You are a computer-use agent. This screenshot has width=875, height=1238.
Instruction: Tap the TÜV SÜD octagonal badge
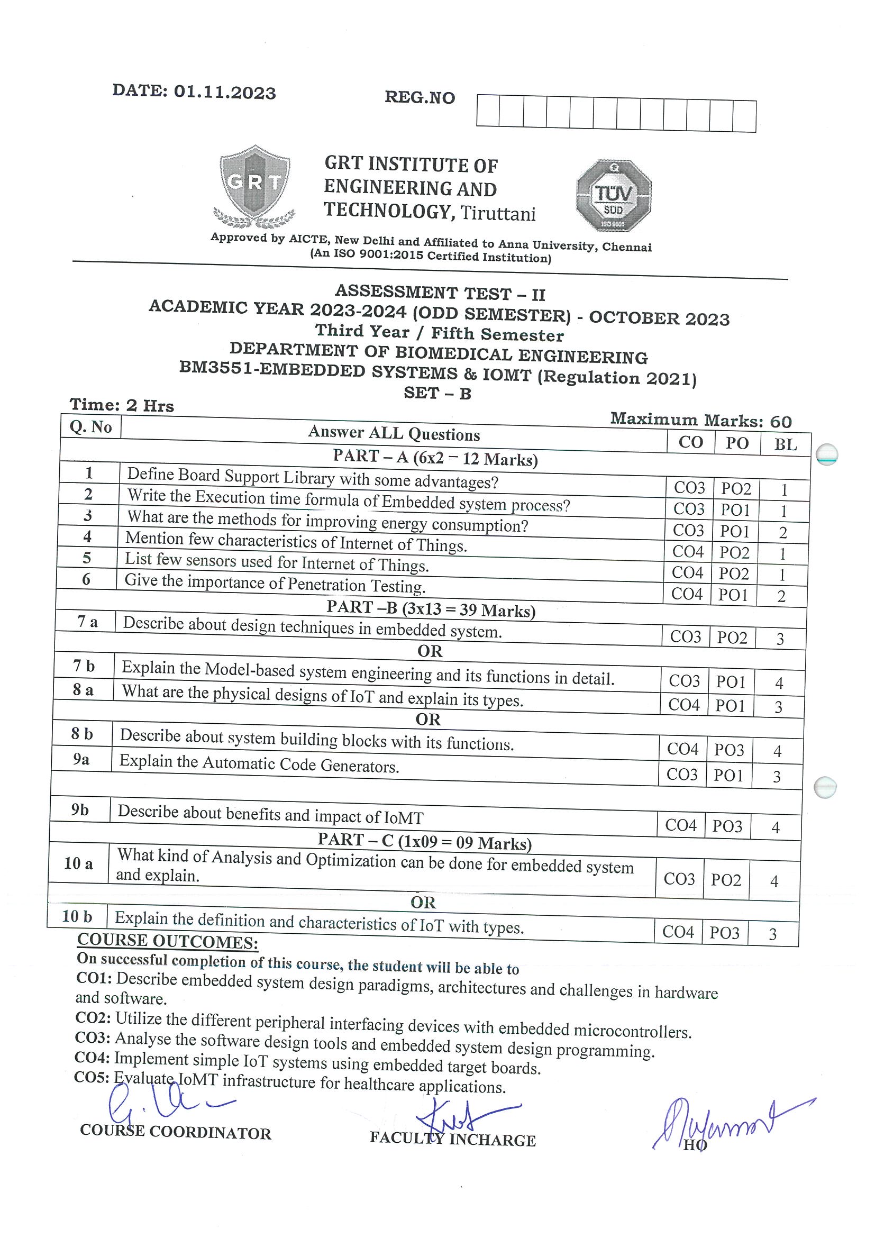[614, 196]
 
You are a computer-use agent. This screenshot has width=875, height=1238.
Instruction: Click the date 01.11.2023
[224, 92]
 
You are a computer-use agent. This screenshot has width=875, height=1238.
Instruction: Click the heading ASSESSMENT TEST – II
[440, 293]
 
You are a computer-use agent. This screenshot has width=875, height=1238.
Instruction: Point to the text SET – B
[437, 394]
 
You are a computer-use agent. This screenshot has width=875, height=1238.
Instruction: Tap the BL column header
[785, 444]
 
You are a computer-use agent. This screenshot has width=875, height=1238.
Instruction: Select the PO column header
[736, 443]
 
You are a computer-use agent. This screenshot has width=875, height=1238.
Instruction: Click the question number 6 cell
[86, 579]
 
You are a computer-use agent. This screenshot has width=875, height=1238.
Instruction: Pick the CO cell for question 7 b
[684, 681]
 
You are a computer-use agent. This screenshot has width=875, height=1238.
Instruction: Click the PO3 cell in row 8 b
[729, 750]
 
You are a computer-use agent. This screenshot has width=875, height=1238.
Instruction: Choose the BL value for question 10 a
[774, 881]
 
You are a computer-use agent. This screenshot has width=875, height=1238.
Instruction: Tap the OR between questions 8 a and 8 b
[428, 720]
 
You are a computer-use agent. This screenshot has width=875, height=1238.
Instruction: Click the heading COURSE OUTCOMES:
[168, 941]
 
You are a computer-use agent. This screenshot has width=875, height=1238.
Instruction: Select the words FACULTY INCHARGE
[452, 1139]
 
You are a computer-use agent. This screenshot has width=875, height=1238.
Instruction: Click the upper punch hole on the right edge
[826, 454]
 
